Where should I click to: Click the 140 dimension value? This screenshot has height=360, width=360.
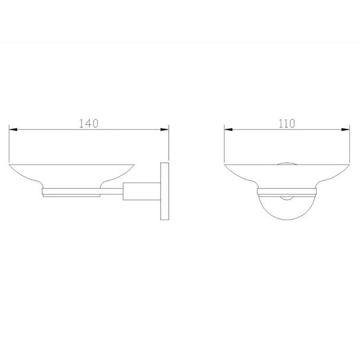(89, 124)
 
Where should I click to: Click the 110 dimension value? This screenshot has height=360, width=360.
(287, 124)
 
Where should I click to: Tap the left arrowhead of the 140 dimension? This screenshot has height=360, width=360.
(13, 130)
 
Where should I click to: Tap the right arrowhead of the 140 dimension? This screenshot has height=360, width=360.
(165, 130)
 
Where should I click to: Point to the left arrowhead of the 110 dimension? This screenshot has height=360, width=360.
(229, 130)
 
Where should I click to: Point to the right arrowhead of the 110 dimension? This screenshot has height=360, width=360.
(345, 130)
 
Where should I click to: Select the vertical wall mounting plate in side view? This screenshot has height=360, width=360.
(165, 191)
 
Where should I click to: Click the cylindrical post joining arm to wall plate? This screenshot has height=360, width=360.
(142, 191)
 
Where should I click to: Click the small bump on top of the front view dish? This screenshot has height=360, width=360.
(287, 163)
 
